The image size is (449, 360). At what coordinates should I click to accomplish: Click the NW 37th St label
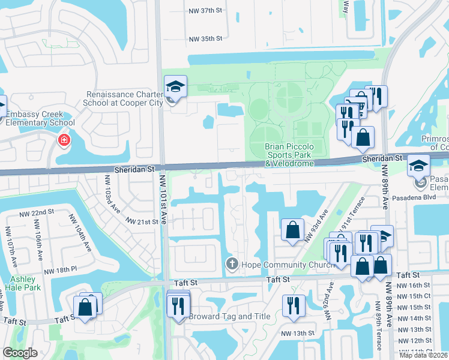205,11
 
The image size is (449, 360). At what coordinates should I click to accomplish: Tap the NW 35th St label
205,38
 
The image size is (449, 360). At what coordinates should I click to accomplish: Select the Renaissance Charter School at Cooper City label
125,99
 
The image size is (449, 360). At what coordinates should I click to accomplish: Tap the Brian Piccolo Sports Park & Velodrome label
290,155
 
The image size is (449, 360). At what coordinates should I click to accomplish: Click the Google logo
20,353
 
